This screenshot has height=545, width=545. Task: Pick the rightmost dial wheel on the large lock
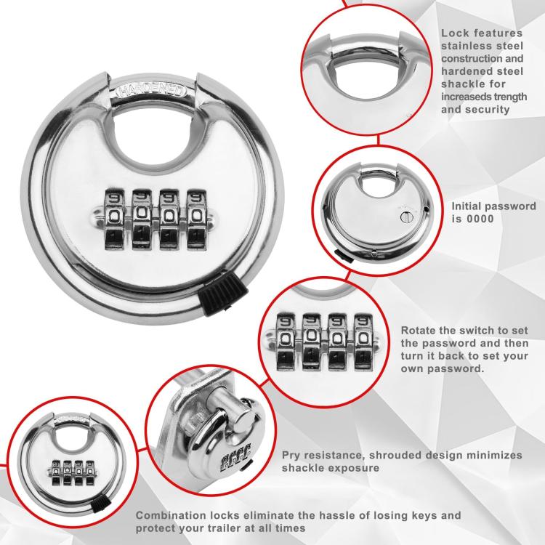coord(196,218)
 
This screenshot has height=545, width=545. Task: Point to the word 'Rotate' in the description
coord(419,329)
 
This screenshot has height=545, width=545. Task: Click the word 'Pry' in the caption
coord(291,455)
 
